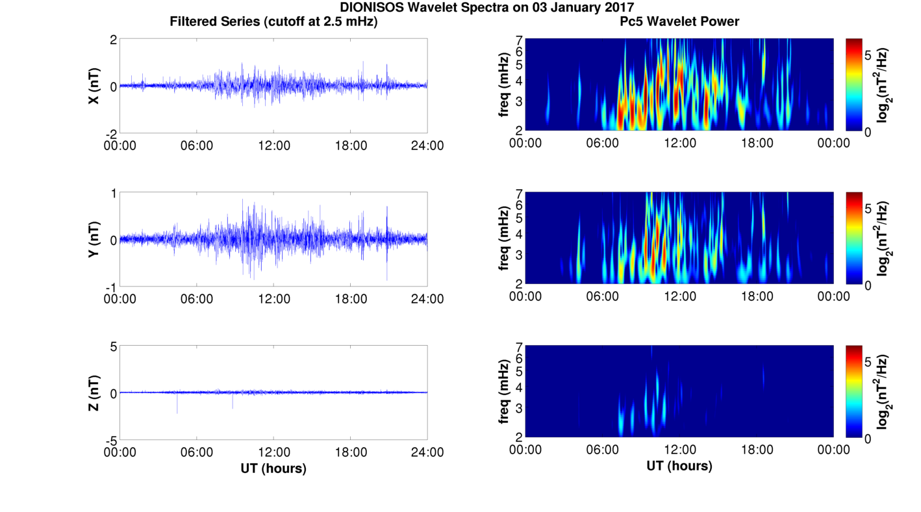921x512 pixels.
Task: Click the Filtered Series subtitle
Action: tap(273, 21)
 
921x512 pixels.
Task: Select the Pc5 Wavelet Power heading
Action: tap(679, 21)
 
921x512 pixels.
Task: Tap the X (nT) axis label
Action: tap(94, 86)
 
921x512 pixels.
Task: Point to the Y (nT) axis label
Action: tap(94, 240)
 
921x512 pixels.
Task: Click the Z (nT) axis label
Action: tap(94, 393)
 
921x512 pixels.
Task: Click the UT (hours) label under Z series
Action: tap(273, 468)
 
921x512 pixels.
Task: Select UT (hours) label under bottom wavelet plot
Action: tap(679, 466)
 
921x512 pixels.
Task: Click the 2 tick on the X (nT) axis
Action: tap(113, 40)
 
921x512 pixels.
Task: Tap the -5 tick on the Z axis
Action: tap(110, 439)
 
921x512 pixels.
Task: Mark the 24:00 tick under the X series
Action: tap(427, 146)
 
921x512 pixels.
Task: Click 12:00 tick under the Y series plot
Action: tap(273, 299)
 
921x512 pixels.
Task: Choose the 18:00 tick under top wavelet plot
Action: tap(757, 143)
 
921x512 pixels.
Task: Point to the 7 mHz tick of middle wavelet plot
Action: tap(518, 194)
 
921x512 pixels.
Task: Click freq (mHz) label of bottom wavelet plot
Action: tap(503, 392)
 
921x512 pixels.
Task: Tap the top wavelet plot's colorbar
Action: tap(854, 84)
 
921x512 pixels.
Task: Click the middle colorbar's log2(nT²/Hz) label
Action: tap(883, 238)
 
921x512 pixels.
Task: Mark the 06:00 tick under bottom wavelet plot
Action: tap(603, 450)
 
